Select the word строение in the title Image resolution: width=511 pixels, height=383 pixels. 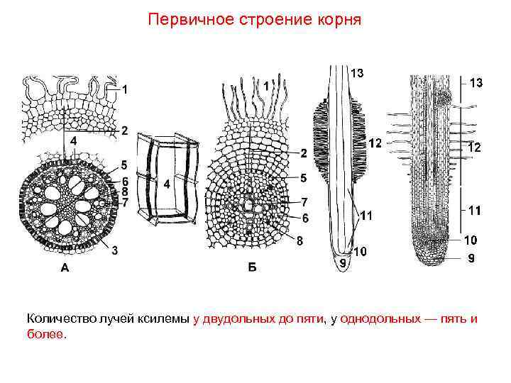(265, 19)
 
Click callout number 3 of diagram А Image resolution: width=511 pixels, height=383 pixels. (114, 250)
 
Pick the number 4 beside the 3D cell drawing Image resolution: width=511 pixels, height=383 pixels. (167, 184)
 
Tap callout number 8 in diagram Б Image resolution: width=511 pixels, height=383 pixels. (300, 240)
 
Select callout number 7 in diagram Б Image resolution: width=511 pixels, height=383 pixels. (303, 202)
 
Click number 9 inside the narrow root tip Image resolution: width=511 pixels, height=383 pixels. (343, 263)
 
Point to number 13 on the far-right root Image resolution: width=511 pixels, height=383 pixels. (476, 83)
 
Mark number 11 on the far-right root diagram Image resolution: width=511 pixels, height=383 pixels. (475, 210)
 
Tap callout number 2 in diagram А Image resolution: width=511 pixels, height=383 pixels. (124, 131)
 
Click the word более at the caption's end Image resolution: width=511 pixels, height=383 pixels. (45, 334)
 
